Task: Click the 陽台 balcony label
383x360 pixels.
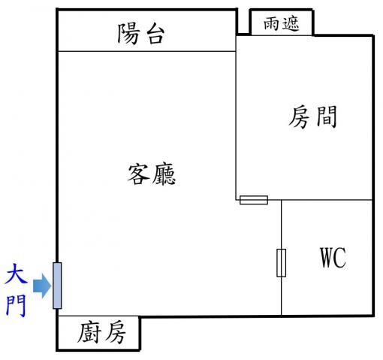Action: [141, 34]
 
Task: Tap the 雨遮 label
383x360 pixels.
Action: [282, 24]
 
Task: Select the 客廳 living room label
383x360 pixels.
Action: [152, 174]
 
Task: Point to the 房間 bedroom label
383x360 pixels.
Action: [313, 116]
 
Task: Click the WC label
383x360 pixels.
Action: [333, 257]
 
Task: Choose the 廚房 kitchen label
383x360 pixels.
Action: [101, 332]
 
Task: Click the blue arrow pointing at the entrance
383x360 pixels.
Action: [42, 286]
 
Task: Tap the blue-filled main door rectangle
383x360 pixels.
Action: [57, 286]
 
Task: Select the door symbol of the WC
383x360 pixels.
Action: [281, 263]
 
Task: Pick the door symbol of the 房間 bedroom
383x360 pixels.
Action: [254, 200]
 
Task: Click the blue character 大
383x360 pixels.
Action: [16, 277]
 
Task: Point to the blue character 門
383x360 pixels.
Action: [16, 306]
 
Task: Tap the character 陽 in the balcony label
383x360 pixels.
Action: [128, 34]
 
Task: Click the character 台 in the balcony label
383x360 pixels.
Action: [155, 35]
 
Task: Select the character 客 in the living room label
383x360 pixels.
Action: [138, 174]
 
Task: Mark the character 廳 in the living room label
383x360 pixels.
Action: [164, 174]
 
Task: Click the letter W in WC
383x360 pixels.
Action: [327, 257]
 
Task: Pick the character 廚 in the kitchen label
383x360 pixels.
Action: [89, 332]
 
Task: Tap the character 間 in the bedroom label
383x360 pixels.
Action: [327, 116]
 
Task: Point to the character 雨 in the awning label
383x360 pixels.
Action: [272, 24]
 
